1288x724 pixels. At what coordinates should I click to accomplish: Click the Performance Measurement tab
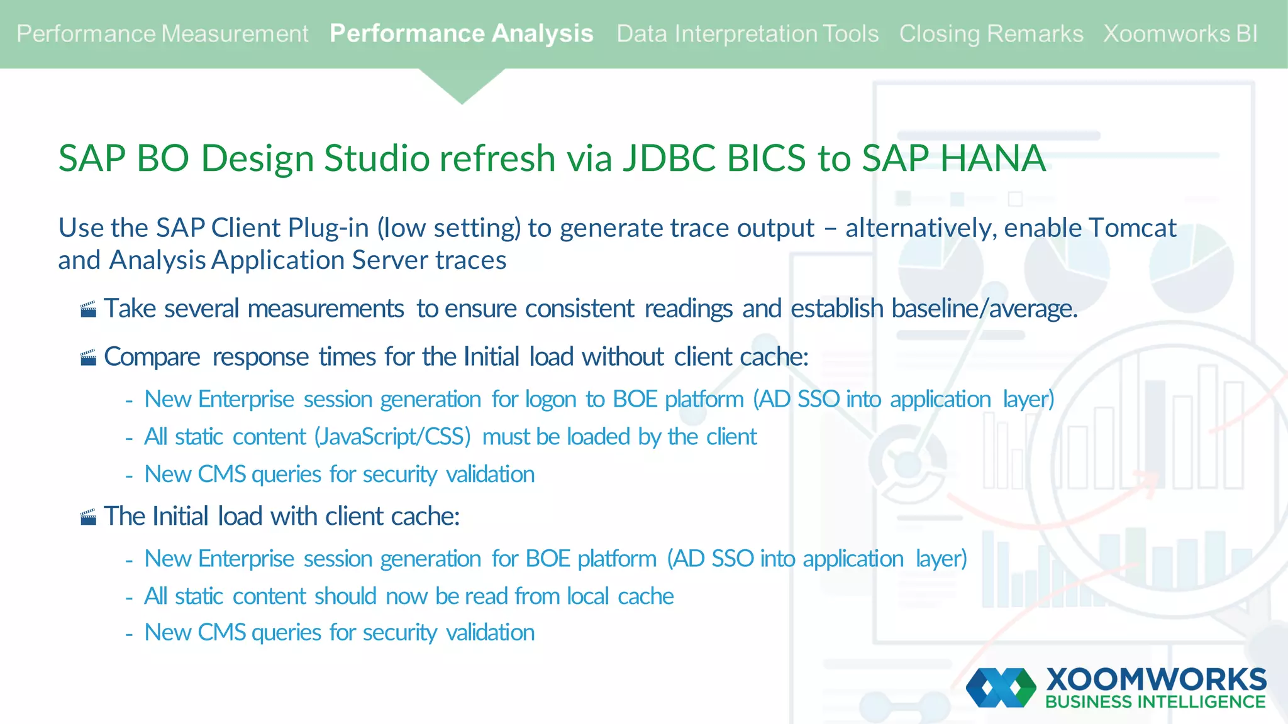click(x=162, y=34)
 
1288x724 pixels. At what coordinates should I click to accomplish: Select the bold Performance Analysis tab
click(x=461, y=34)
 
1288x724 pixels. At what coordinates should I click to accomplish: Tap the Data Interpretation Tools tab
click(x=747, y=34)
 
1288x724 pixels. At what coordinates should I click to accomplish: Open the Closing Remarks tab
click(x=991, y=34)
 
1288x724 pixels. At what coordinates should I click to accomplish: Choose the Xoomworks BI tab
click(x=1180, y=34)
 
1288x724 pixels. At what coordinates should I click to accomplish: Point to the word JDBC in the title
click(x=669, y=158)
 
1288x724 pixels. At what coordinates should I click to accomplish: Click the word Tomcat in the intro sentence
click(x=1132, y=228)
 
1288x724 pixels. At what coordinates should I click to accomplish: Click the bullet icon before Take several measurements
click(x=89, y=309)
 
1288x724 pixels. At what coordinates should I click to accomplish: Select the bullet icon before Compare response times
click(x=89, y=358)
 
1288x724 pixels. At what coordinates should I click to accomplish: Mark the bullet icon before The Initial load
click(x=89, y=517)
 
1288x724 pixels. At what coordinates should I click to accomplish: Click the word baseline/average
click(x=984, y=309)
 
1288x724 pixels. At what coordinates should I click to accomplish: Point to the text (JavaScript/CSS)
click(x=392, y=437)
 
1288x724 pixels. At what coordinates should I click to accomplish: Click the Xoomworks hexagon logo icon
click(x=1001, y=688)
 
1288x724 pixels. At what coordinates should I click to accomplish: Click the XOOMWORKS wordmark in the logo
click(x=1156, y=679)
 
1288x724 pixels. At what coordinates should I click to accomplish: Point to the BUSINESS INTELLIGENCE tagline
click(x=1155, y=702)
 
